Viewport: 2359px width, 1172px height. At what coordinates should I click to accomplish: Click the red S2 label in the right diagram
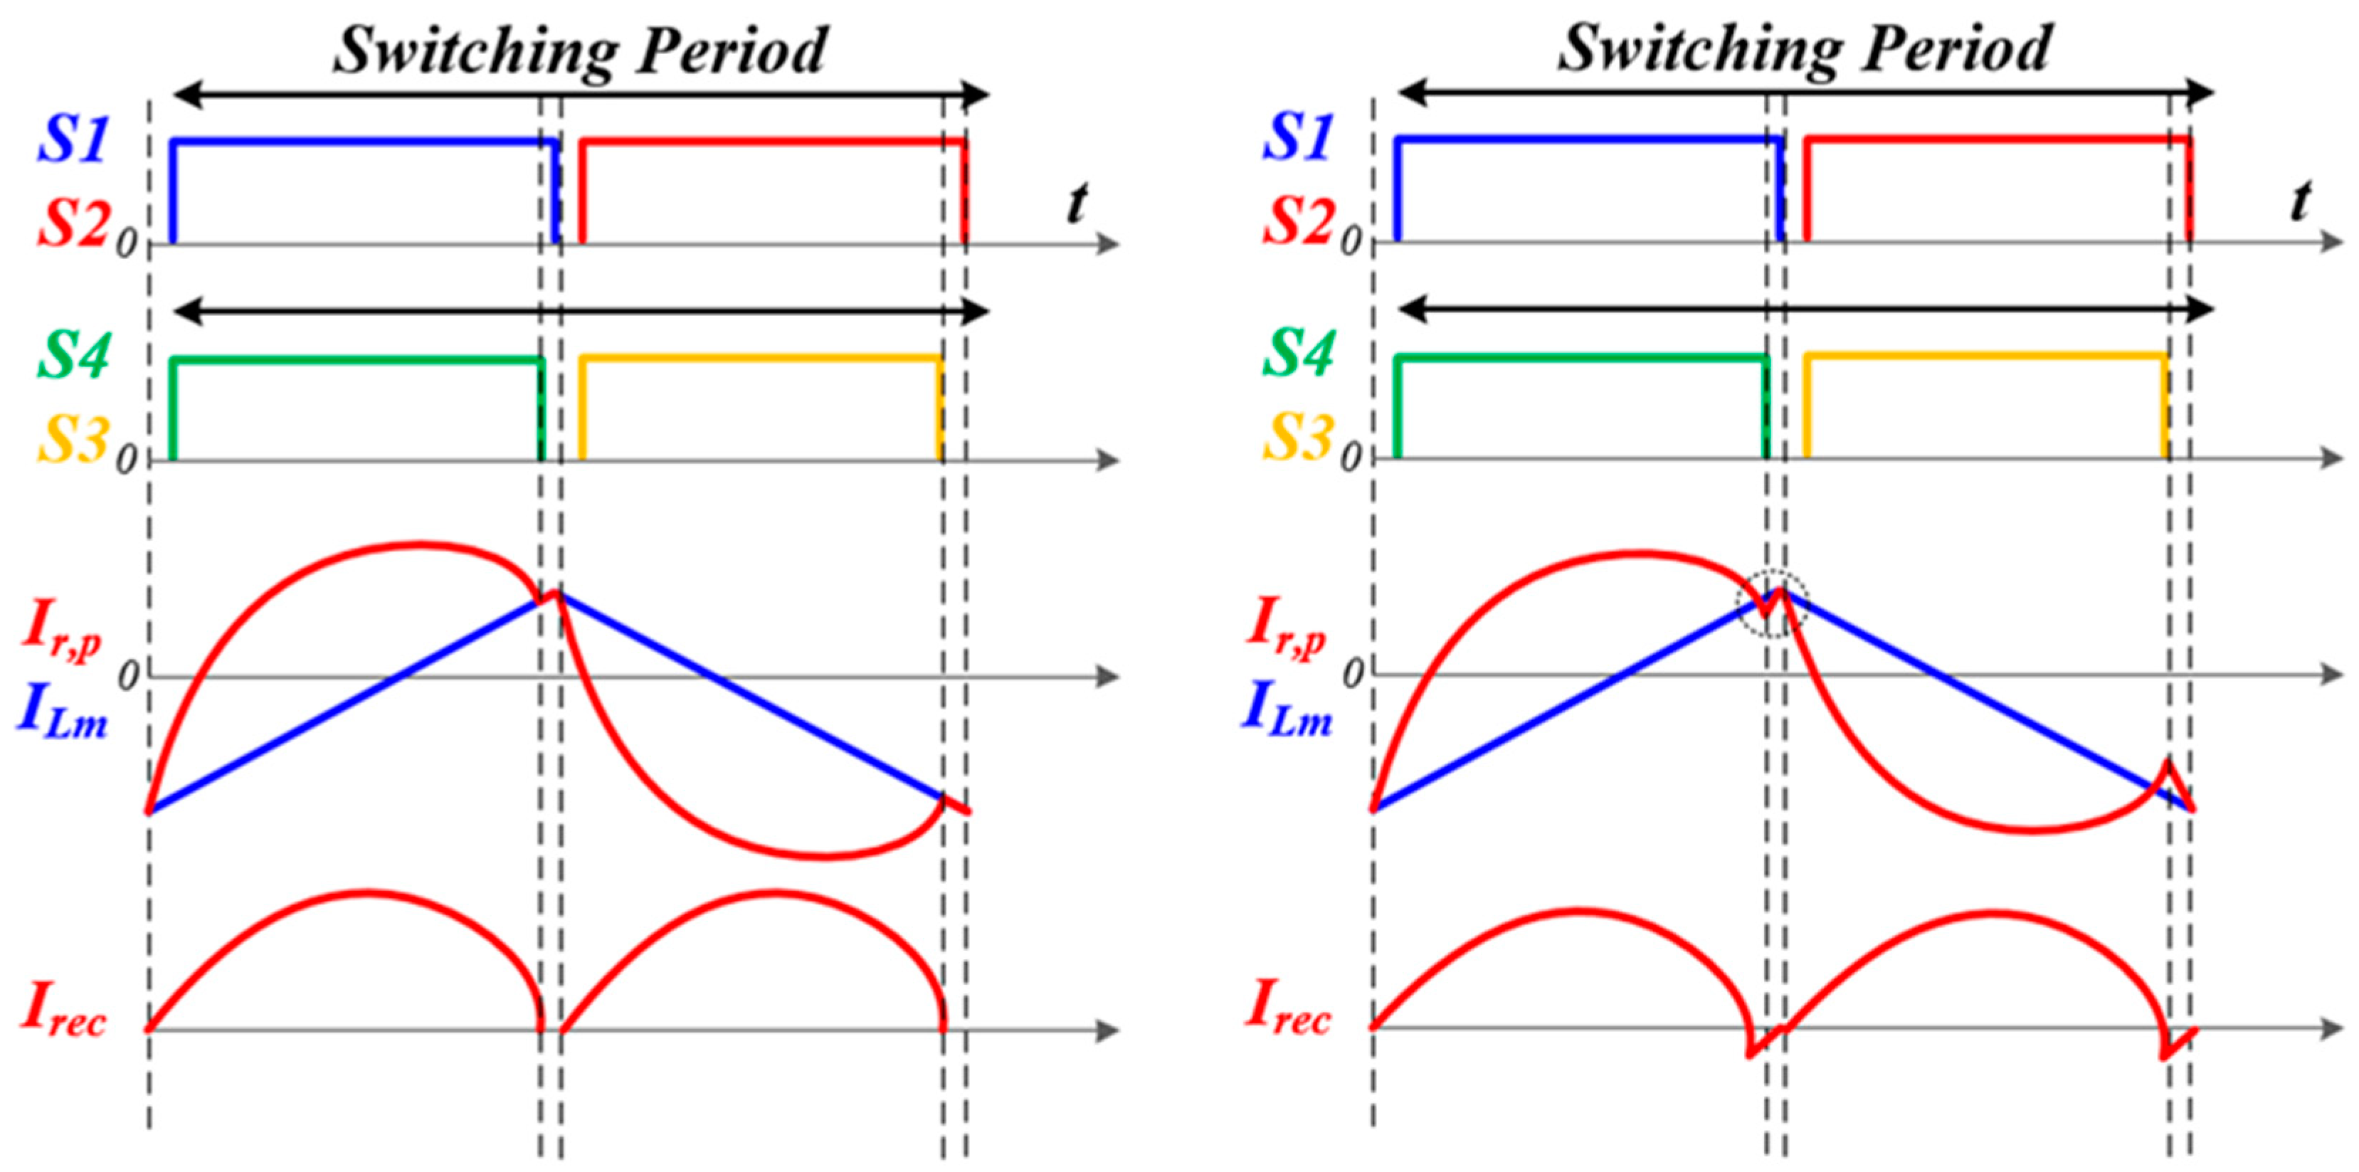(x=1296, y=220)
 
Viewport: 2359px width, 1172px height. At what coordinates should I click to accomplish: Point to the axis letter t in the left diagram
(x=1078, y=204)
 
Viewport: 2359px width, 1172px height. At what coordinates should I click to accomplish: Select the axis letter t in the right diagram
(x=2301, y=201)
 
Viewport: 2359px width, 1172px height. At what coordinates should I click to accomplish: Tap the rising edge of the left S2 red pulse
(x=582, y=192)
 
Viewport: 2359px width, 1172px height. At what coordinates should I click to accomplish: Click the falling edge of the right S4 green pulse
(x=1766, y=408)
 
